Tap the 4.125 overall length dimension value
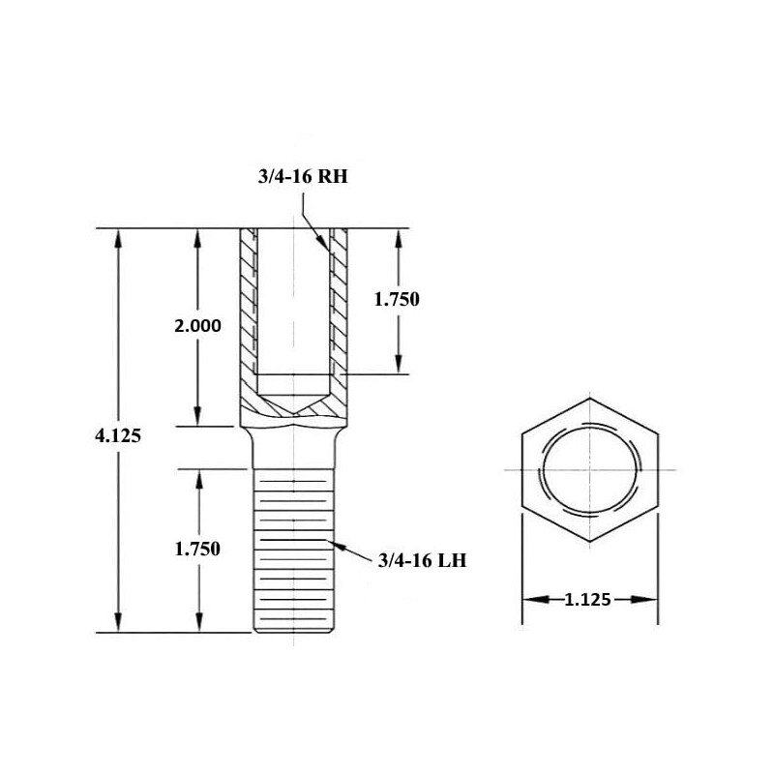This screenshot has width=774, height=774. [119, 435]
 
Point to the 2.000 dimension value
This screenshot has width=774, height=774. [197, 326]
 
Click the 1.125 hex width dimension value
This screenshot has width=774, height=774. [587, 600]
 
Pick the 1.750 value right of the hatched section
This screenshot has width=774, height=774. [397, 299]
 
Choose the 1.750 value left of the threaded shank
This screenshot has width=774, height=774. [197, 549]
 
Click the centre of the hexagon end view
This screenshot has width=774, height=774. [589, 469]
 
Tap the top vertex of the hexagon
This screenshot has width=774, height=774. [589, 396]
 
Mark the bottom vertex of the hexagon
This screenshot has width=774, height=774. [589, 543]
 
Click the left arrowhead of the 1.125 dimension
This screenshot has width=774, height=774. [526, 600]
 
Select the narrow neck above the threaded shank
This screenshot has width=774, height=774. [294, 450]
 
